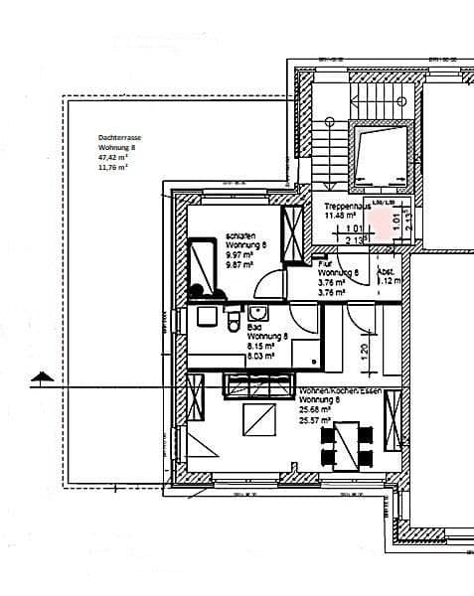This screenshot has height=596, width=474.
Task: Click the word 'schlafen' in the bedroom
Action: click(237, 234)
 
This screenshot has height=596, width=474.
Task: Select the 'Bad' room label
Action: click(254, 326)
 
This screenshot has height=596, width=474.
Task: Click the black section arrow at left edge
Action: click(40, 375)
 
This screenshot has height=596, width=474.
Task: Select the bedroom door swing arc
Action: click(268, 287)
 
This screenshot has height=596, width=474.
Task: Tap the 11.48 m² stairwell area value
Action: click(340, 214)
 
